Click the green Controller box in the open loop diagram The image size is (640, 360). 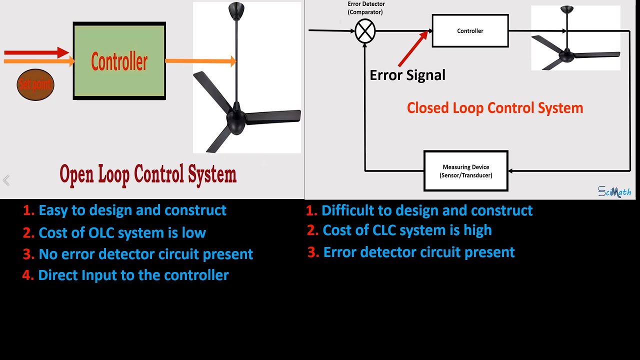[x=119, y=61]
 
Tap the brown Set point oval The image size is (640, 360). [x=35, y=84]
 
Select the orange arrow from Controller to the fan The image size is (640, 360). [x=200, y=61]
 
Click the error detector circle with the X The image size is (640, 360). [x=365, y=31]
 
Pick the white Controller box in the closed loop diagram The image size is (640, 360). [x=470, y=31]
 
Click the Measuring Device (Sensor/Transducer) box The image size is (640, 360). [x=466, y=171]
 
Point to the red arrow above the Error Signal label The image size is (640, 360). [x=413, y=48]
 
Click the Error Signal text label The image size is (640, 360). [x=407, y=75]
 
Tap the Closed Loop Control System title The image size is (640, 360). [x=495, y=108]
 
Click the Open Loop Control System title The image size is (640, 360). [x=148, y=174]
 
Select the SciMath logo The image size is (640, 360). [x=614, y=191]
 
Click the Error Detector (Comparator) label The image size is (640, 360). [x=366, y=8]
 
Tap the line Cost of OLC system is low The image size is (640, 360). [x=122, y=232]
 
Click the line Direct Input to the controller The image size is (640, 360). [x=133, y=275]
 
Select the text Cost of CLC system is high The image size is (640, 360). [x=407, y=230]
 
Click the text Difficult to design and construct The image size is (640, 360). [x=427, y=210]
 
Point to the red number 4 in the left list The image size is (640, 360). [x=27, y=275]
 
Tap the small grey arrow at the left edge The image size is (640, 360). [x=6, y=180]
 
